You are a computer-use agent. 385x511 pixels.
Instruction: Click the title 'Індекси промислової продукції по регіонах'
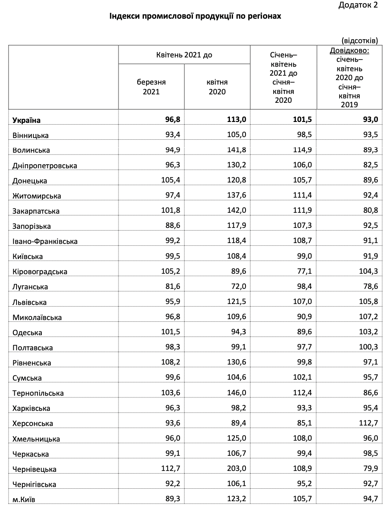point(195,17)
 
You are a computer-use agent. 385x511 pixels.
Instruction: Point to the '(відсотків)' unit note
point(360,41)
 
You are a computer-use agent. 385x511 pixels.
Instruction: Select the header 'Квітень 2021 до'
point(184,55)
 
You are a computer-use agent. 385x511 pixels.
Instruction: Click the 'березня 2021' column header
point(152,87)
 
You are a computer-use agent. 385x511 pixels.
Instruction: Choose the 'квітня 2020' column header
point(217,87)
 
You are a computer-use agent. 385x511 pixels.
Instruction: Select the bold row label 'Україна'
point(27,120)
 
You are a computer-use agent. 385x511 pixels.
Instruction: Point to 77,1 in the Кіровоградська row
point(304,272)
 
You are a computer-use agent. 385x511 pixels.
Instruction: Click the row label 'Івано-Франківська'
point(45,241)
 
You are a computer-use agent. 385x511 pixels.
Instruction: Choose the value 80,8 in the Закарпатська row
point(371,211)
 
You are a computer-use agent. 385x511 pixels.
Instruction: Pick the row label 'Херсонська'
point(33,423)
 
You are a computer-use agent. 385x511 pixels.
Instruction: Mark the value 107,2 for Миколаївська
point(369,317)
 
